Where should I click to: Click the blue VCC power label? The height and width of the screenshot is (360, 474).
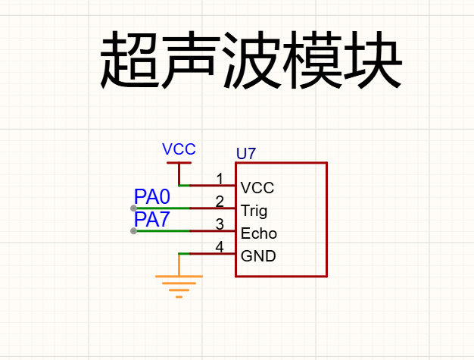tap(179, 149)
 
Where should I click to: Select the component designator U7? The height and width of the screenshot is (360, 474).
tap(246, 154)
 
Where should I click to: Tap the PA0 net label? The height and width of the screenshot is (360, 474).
tap(152, 196)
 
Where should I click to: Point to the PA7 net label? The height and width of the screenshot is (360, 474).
tap(151, 219)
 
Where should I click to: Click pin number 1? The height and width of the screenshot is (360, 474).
tap(220, 179)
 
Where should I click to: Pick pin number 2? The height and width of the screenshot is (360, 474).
tap(220, 202)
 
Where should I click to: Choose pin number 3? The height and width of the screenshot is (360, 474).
tap(220, 224)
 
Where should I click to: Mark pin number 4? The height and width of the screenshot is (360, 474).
tap(220, 247)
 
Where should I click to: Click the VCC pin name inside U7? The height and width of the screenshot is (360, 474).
tap(257, 188)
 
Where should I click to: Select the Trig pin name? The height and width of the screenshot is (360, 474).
tap(254, 211)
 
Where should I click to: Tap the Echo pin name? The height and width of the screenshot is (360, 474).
tap(259, 233)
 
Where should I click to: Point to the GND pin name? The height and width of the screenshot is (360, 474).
tap(258, 256)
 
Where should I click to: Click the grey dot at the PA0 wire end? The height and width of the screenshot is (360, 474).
tap(133, 208)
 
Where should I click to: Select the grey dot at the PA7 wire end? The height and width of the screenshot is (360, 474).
tap(133, 231)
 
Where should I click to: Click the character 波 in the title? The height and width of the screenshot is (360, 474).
tap(251, 60)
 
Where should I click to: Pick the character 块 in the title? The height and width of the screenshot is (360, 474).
tap(373, 60)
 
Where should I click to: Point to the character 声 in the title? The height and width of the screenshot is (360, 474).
tap(191, 60)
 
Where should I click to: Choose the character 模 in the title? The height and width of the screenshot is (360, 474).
tap(312, 60)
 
